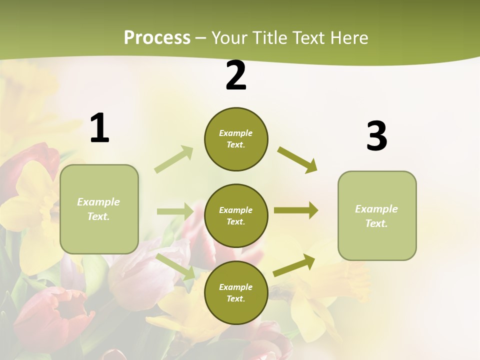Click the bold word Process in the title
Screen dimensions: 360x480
157,37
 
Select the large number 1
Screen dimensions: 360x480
99,128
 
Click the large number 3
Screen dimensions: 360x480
376,136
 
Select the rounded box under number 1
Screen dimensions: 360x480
99,209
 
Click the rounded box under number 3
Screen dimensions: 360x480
377,215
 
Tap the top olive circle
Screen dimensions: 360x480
236,139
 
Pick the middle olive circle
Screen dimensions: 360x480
236,215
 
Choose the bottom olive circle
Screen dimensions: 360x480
236,292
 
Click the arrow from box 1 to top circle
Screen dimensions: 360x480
174,159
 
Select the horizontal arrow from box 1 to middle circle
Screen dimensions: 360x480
175,211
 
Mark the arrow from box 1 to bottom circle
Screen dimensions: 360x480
175,266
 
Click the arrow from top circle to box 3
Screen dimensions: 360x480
297,159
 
